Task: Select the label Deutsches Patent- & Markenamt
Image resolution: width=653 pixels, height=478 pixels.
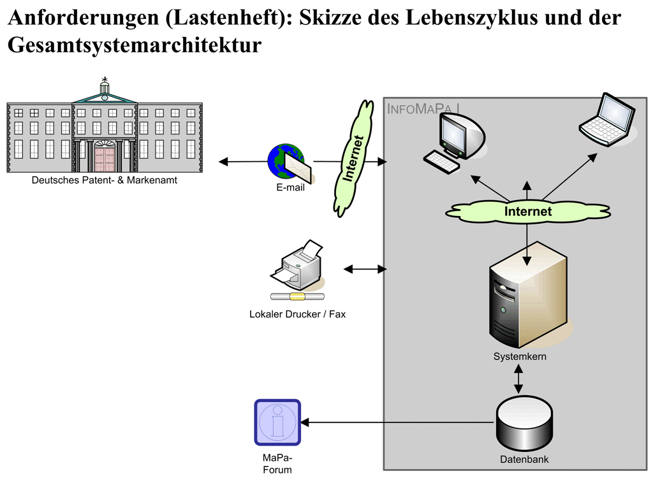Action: coord(105,180)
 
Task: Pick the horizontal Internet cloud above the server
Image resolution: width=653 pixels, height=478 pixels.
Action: coord(527,210)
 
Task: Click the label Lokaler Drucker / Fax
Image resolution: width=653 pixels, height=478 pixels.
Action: coord(297,314)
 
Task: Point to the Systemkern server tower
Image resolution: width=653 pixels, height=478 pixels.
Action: coord(526,300)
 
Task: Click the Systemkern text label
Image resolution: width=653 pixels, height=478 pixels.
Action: coord(520,357)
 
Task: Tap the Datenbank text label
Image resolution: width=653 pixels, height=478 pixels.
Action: coord(524,459)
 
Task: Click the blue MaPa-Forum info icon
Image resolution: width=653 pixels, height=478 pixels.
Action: coord(277,422)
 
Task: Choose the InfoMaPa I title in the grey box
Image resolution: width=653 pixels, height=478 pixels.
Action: coord(423,109)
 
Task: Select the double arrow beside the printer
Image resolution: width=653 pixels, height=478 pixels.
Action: coord(365,270)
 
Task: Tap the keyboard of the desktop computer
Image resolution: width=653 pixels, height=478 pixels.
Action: coord(443,160)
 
